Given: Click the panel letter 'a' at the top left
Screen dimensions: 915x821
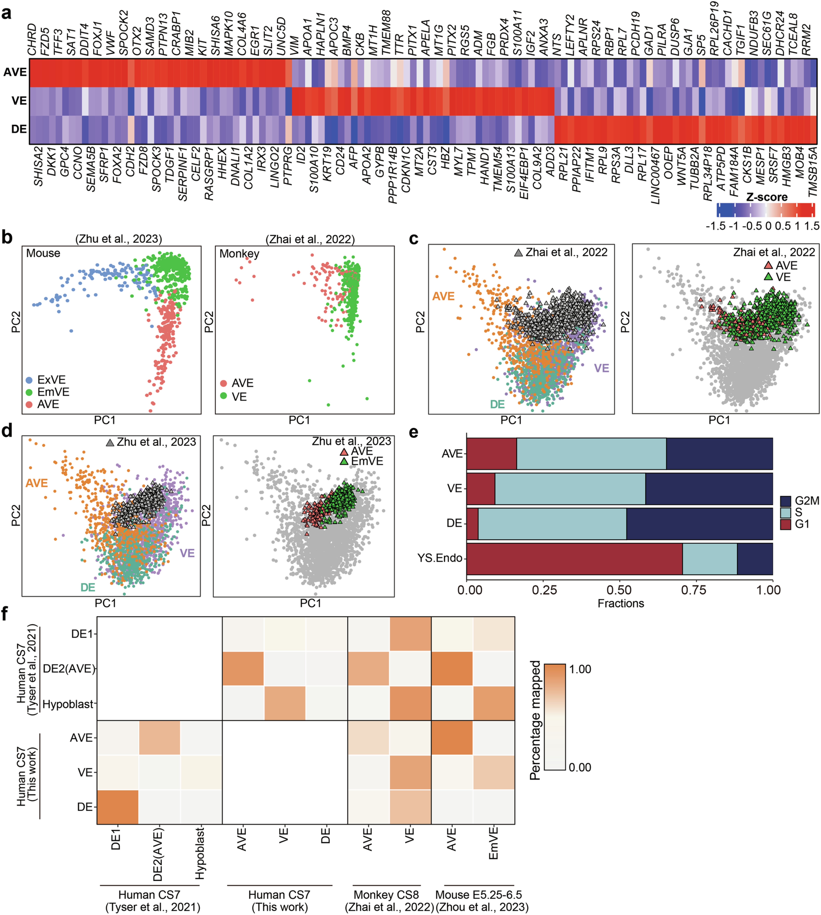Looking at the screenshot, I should [6, 13].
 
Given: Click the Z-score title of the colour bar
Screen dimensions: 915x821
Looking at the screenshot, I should [767, 197].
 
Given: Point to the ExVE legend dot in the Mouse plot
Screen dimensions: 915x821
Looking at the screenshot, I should [29, 380].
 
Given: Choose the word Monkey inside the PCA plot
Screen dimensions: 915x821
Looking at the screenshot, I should [239, 253].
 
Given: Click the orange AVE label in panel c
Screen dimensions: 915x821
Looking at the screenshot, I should [443, 296].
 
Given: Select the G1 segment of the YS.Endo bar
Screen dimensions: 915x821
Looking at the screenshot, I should [574, 559].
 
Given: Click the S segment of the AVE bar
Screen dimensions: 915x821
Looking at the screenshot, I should [591, 454].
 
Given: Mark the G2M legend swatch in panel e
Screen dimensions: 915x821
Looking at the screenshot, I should [785, 501].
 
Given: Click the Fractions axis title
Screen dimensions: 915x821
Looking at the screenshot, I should [621, 603].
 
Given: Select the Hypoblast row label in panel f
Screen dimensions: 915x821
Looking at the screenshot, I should [68, 704].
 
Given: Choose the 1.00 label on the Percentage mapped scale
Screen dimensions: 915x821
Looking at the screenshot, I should [580, 669].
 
